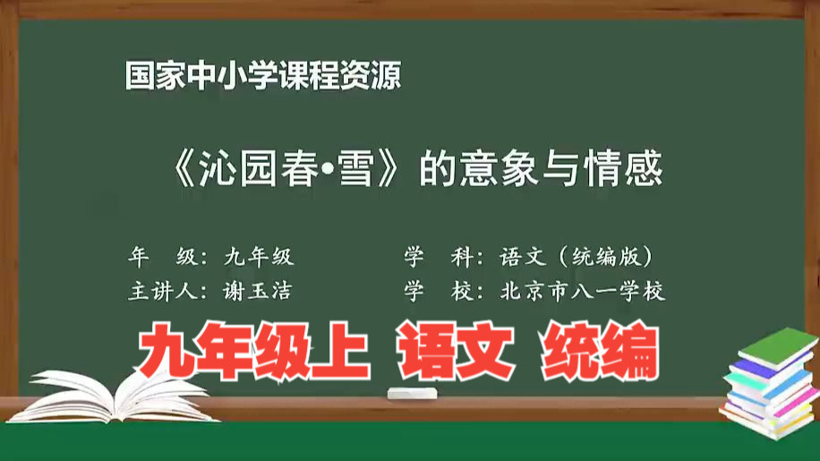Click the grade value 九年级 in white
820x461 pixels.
point(259,257)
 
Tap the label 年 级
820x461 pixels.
point(163,257)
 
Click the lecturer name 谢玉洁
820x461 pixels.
point(257,291)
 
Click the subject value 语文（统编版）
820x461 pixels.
point(577,257)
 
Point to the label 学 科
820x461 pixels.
point(439,257)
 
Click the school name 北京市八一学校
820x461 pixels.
point(583,291)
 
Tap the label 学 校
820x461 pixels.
point(439,291)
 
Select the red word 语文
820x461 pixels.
point(456,350)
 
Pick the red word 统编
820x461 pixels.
point(601,350)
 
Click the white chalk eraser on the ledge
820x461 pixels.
point(412,394)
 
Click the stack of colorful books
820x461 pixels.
point(770,384)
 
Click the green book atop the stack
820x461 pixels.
point(779,346)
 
